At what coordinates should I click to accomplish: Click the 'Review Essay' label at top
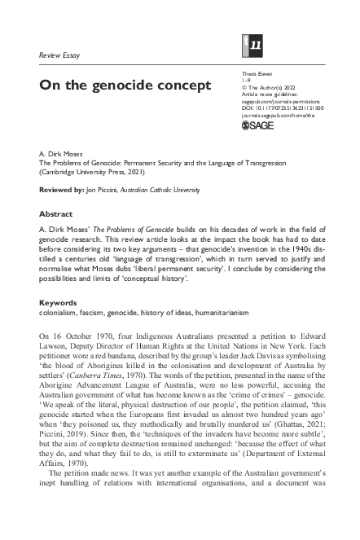click(x=62, y=55)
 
